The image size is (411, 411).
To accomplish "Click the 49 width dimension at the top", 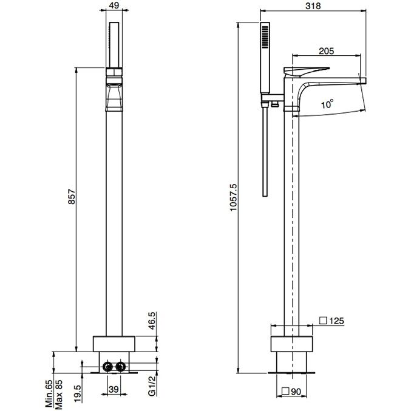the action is point(114,5).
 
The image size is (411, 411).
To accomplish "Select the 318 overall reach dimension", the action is point(313,5).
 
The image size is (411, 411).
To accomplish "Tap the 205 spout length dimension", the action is point(327,51).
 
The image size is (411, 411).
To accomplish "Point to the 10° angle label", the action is point(327,104).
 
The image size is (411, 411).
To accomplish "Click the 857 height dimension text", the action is point(72,197).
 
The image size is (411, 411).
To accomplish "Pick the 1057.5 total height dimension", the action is point(233,197).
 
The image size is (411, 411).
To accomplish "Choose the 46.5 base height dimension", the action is point(152,321).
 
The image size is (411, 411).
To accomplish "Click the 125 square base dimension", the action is point(336,321).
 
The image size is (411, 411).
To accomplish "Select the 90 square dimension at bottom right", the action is point(296,392).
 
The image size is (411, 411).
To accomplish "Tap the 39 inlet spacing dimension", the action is point(114,389).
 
